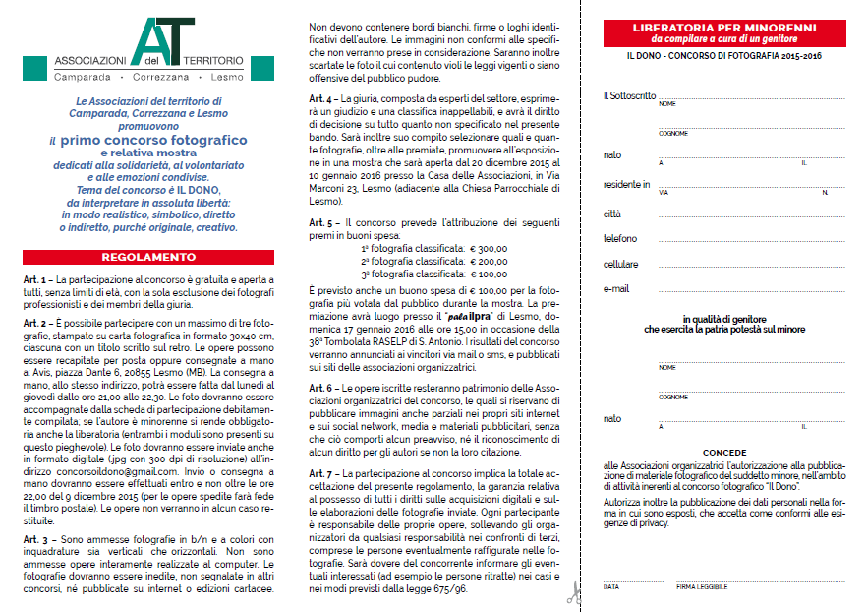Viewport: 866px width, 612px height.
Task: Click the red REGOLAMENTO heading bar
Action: point(147,257)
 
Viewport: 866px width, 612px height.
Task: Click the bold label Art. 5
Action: point(323,223)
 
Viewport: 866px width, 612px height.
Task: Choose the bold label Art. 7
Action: point(323,473)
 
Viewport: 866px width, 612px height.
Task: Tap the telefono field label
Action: point(621,238)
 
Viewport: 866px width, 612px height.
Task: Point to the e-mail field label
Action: point(616,289)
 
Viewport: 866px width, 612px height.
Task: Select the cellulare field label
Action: point(621,264)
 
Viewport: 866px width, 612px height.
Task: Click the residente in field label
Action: point(627,183)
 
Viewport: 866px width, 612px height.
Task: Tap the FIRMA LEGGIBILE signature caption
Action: point(702,587)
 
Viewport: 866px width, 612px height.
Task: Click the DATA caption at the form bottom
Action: point(611,587)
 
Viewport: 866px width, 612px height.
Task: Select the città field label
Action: point(612,213)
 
